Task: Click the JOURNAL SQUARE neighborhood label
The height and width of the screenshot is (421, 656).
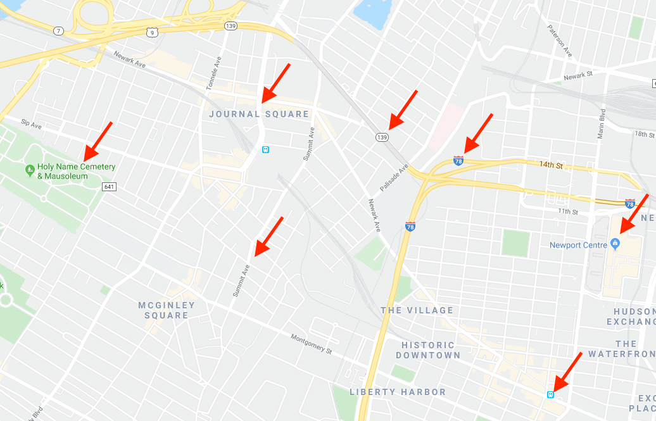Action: coord(259,115)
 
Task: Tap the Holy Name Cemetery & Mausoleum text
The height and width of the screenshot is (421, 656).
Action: coord(76,171)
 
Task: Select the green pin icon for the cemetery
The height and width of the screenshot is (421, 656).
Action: coord(29,170)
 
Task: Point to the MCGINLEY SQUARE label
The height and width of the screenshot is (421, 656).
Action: coord(167,310)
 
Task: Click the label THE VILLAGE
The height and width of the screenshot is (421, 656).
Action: coord(417,310)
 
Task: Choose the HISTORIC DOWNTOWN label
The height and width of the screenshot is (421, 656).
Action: coord(428,350)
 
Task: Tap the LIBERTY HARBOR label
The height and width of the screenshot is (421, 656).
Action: coord(398,392)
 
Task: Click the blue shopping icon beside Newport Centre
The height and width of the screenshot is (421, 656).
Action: coord(614,244)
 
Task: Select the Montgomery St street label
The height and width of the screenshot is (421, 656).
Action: coord(311,344)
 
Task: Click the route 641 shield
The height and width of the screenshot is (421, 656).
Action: coord(109,186)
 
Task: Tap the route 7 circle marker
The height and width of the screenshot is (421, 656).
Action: coord(58,30)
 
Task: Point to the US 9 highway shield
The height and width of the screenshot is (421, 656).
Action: coord(151,30)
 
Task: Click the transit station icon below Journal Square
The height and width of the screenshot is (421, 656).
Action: coord(266,150)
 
